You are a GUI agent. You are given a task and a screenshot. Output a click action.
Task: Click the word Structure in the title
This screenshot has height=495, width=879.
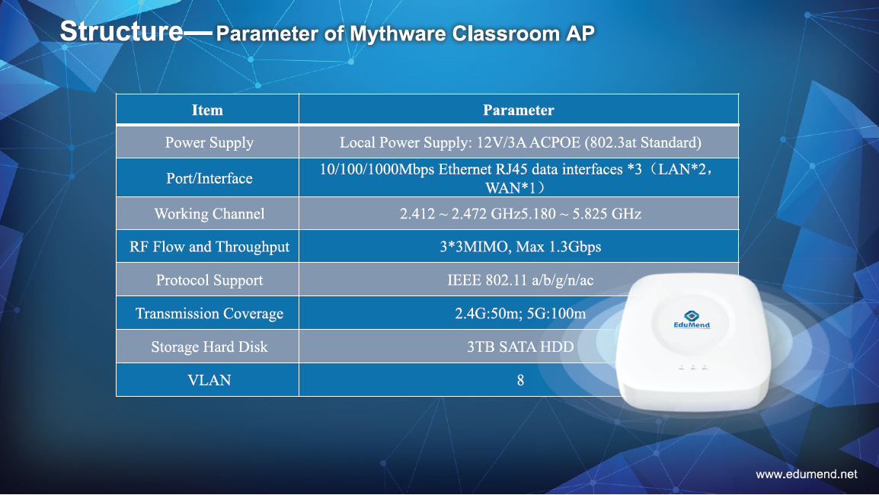(122, 31)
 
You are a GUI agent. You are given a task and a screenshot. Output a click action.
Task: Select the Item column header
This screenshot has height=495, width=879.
(207, 110)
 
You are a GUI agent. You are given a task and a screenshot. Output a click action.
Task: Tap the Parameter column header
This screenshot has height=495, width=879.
(519, 110)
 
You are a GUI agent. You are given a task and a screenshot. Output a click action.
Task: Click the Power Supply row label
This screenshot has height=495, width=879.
(209, 143)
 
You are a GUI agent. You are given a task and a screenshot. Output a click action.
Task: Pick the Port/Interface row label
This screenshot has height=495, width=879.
(209, 178)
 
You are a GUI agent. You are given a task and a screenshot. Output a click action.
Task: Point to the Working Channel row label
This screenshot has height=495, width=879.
(209, 213)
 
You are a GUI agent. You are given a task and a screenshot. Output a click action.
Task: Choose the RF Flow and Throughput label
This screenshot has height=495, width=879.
(209, 247)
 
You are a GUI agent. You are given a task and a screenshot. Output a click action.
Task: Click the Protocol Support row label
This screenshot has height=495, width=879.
(209, 280)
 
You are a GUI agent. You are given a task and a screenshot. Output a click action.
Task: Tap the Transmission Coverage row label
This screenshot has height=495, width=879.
(209, 313)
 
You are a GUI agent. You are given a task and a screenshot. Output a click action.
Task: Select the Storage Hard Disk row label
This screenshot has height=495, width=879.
(209, 347)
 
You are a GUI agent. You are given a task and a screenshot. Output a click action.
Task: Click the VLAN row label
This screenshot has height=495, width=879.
(209, 380)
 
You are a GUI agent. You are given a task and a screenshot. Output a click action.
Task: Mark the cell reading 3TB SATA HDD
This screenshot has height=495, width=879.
(520, 347)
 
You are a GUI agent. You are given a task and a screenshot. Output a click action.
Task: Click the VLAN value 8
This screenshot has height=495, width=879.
(520, 381)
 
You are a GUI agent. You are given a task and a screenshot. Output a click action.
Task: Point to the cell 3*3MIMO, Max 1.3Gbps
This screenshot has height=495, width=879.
(520, 247)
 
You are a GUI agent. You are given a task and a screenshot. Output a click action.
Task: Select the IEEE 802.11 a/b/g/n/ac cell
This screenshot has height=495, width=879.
(520, 280)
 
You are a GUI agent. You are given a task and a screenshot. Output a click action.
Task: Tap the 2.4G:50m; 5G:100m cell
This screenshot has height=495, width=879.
(520, 313)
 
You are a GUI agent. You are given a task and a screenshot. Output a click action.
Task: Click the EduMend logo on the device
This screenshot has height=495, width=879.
(692, 320)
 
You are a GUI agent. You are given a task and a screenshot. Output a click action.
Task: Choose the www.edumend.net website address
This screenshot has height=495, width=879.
(807, 474)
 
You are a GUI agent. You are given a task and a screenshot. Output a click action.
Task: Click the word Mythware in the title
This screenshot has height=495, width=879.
(398, 34)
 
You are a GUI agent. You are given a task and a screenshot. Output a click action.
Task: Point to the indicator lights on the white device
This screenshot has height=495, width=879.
(693, 368)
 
